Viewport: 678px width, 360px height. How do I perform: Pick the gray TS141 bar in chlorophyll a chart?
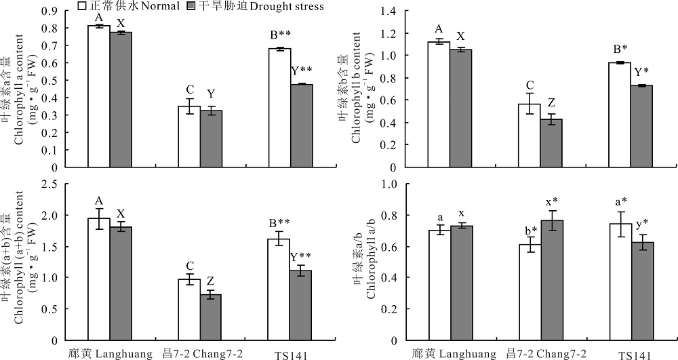302,125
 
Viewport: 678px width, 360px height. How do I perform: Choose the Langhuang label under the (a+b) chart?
107,354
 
